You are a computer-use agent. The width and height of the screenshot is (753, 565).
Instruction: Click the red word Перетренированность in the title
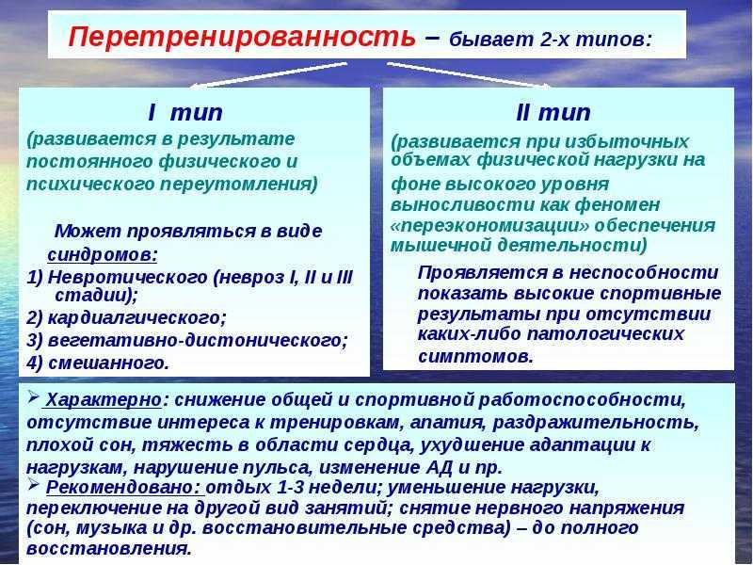tap(242, 37)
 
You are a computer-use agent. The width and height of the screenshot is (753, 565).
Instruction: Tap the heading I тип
tap(185, 112)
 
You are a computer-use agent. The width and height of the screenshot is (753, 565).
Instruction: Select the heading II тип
tap(553, 112)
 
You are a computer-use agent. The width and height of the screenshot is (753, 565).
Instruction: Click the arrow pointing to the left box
tap(268, 75)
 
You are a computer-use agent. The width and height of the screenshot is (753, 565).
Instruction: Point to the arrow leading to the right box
tap(469, 75)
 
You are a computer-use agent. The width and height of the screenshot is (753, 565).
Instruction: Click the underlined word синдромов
tap(102, 254)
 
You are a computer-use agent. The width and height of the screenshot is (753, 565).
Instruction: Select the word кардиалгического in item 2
tap(136, 317)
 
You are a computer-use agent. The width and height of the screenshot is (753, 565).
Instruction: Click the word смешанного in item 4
tap(108, 363)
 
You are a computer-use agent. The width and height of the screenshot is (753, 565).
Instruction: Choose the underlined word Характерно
tap(104, 399)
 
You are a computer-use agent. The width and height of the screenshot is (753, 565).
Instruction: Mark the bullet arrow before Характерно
tap(33, 396)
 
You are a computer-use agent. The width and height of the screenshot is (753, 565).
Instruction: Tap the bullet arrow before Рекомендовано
tap(33, 484)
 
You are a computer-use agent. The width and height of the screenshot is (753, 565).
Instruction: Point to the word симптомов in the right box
tap(475, 357)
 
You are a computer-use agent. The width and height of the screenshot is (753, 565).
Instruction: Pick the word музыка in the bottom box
tap(113, 528)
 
